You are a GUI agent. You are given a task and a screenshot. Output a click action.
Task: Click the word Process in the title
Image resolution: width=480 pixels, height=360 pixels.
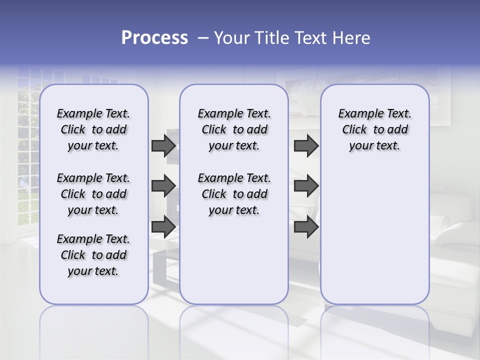pyautogui.click(x=154, y=38)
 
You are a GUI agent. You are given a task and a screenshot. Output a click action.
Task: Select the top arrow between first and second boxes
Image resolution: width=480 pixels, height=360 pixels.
pyautogui.click(x=163, y=145)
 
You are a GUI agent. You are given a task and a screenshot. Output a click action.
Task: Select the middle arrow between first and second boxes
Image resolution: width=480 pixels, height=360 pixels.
pyautogui.click(x=163, y=186)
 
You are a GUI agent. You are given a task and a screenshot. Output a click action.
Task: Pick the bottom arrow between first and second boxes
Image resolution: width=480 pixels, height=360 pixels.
pyautogui.click(x=163, y=227)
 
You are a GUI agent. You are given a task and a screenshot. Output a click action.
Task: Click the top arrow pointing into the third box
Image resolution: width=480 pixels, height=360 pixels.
pyautogui.click(x=306, y=145)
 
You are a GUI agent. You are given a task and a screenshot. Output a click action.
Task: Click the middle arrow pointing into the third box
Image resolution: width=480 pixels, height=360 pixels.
pyautogui.click(x=306, y=186)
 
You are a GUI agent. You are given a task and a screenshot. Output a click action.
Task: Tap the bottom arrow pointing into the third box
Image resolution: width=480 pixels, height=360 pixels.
pyautogui.click(x=306, y=227)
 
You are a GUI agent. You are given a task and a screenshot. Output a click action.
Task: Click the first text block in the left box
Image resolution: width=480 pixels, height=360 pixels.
pyautogui.click(x=93, y=129)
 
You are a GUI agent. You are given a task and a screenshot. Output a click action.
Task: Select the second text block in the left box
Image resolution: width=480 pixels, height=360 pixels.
pyautogui.click(x=93, y=194)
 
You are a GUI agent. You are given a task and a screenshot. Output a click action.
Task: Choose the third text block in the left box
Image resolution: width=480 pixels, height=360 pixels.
pyautogui.click(x=93, y=255)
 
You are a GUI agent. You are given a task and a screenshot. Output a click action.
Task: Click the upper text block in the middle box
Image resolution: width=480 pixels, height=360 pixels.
pyautogui.click(x=234, y=129)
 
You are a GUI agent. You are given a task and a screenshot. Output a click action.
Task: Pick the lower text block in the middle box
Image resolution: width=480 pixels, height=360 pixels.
pyautogui.click(x=234, y=194)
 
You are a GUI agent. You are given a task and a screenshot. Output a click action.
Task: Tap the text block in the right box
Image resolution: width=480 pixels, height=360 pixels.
pyautogui.click(x=374, y=129)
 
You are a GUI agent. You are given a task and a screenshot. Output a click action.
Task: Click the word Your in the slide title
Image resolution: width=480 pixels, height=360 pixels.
pyautogui.click(x=231, y=38)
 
